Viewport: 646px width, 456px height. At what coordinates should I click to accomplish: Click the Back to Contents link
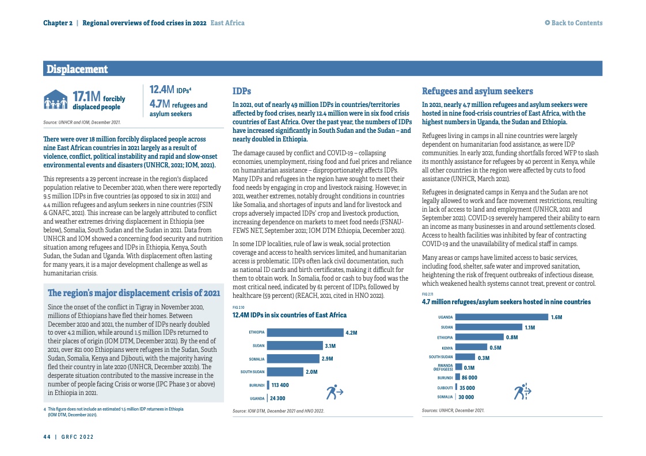[x=573, y=23]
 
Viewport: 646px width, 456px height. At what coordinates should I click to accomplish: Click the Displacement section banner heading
[x=77, y=70]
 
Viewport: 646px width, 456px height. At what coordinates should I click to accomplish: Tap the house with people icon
[x=56, y=99]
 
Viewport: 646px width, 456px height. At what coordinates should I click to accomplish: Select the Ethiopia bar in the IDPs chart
[x=305, y=332]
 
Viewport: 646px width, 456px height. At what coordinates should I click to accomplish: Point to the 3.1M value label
[x=330, y=346]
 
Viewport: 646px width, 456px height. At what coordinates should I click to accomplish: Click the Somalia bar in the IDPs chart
[x=293, y=359]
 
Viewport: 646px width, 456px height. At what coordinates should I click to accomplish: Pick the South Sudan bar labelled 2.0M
[x=285, y=372]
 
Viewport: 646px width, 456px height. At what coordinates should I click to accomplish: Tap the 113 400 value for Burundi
[x=280, y=385]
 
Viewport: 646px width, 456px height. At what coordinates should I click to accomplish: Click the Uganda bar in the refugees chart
[x=501, y=317]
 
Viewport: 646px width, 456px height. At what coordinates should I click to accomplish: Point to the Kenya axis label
[x=447, y=348]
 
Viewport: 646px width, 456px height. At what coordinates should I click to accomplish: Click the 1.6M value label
[x=556, y=317]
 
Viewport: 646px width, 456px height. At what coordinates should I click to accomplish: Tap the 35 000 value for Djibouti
[x=466, y=388]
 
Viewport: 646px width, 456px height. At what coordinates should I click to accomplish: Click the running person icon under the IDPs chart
[x=335, y=392]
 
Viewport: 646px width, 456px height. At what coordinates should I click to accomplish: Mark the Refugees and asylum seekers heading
[x=477, y=91]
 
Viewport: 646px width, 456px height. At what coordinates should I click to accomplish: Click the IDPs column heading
[x=241, y=91]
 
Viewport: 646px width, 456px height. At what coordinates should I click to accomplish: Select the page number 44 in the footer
[x=47, y=436]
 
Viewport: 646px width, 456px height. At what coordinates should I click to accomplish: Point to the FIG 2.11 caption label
[x=428, y=294]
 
